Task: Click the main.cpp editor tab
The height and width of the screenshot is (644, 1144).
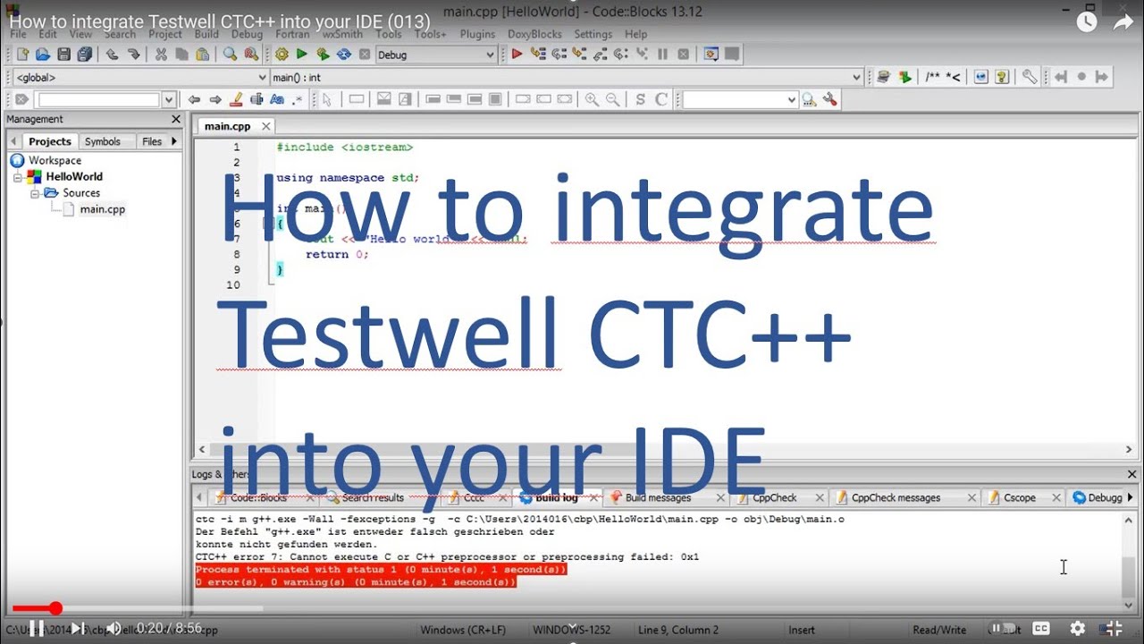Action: pos(227,126)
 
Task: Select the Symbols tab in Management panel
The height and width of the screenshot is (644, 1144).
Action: pos(102,141)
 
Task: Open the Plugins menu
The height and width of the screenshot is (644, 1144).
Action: pos(477,34)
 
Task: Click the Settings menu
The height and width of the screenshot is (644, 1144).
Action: pos(593,34)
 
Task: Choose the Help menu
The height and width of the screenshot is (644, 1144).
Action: pos(636,34)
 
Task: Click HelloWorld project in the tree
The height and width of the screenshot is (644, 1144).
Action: pos(74,177)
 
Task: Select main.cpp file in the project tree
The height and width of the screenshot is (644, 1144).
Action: pos(102,209)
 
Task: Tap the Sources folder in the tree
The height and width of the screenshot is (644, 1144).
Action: pos(81,193)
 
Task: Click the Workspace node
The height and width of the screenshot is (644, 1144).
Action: pos(55,161)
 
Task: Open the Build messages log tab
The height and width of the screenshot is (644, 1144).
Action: pos(658,497)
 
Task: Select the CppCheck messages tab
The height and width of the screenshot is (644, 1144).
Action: pos(896,497)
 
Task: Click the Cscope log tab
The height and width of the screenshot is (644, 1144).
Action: pos(1019,497)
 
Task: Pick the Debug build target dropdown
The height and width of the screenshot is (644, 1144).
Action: pos(435,55)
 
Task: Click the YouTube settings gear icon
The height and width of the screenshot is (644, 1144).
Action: pos(1078,629)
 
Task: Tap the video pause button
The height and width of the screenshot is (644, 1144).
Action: pos(37,629)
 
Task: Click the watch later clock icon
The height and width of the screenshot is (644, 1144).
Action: pos(1087,22)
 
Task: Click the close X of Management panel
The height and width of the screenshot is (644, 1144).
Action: pos(176,119)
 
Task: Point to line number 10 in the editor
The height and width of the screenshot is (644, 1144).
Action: pos(233,285)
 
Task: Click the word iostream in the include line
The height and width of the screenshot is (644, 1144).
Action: pos(376,148)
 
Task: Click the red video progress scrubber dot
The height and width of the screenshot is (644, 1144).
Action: pos(55,608)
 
